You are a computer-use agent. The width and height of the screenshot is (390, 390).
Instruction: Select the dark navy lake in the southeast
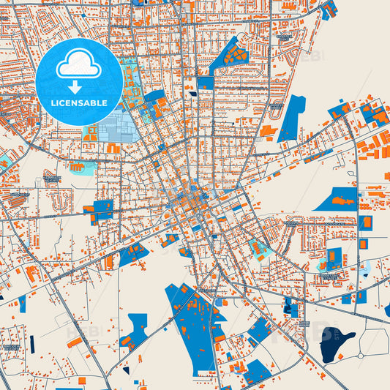point(336,343)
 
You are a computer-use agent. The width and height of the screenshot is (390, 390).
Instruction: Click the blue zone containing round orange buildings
point(234,53)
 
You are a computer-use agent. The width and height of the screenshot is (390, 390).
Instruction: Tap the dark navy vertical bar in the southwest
point(31,342)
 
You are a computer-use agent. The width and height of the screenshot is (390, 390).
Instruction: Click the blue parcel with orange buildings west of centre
point(100,211)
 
